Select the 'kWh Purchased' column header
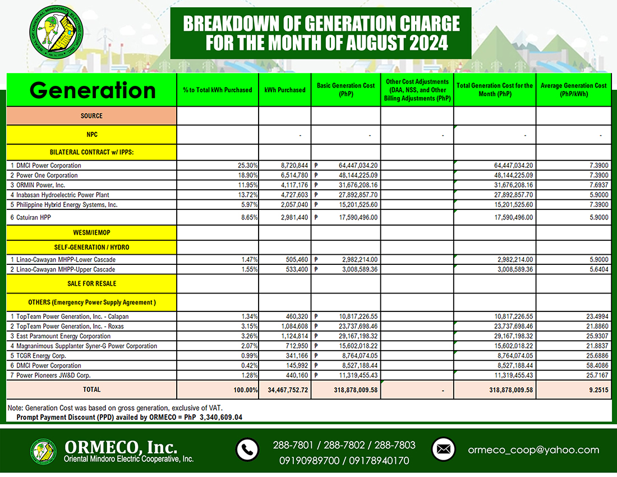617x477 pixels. click(284, 90)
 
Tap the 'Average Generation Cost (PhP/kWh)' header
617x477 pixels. click(573, 90)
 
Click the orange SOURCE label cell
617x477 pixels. click(91, 116)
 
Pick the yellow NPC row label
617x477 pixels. click(91, 135)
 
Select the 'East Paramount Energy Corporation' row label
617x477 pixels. click(56, 336)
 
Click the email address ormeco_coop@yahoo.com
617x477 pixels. click(533, 450)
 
